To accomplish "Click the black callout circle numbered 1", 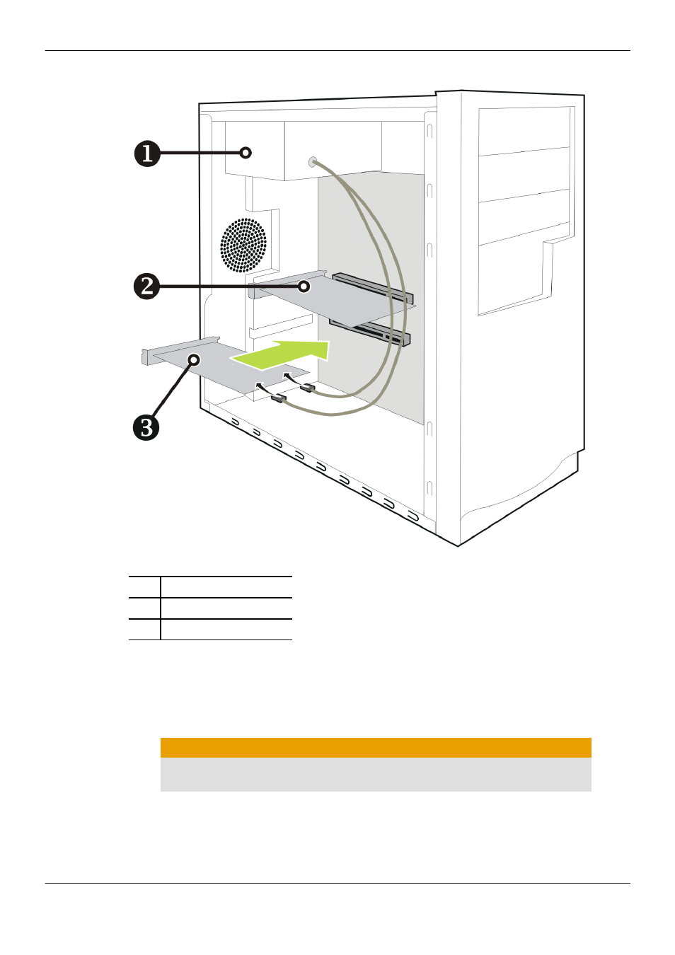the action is coord(147,154).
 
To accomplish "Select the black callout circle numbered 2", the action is coord(146,286).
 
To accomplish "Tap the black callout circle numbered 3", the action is coord(146,427).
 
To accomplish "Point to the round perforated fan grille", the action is coord(243,245).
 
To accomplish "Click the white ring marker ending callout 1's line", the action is coord(246,153).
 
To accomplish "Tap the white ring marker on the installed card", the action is coord(304,286).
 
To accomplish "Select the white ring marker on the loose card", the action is coord(194,360).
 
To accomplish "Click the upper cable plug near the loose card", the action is coord(307,388).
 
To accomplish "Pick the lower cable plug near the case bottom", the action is coord(278,399).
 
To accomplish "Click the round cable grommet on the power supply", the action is coord(313,161).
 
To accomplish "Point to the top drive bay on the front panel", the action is coord(524,132).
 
